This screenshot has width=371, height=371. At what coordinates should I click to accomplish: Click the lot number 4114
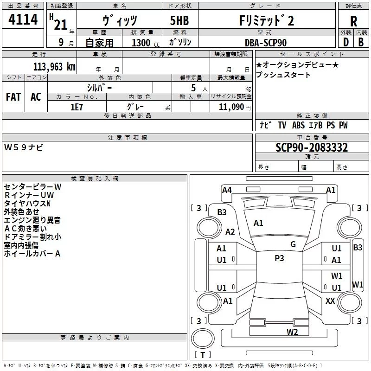tap(23, 19)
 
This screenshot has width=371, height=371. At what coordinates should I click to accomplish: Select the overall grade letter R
tap(353, 21)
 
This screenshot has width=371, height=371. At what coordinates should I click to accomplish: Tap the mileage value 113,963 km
tap(54, 67)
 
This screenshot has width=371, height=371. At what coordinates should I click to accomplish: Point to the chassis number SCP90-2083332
tap(312, 147)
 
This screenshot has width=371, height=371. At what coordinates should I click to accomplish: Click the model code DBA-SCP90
tap(266, 43)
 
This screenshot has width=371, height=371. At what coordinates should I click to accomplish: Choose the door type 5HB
tap(179, 20)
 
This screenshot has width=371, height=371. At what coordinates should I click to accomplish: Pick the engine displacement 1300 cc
tap(146, 43)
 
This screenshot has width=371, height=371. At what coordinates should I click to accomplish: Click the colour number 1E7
tap(77, 107)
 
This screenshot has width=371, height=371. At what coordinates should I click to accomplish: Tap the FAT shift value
tap(13, 97)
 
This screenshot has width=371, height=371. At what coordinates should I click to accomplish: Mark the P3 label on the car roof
tap(279, 258)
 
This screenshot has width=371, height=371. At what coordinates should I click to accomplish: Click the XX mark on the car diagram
tap(330, 301)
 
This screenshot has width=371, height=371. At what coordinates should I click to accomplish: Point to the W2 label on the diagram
tap(292, 332)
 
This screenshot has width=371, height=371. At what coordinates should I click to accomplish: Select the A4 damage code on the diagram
tap(227, 190)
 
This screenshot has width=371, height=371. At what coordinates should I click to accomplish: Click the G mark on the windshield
tap(293, 244)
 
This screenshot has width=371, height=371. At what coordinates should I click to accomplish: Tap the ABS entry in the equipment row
tap(298, 125)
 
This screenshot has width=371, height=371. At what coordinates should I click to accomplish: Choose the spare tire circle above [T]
tap(203, 338)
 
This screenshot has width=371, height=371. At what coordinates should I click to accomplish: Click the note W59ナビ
tap(24, 147)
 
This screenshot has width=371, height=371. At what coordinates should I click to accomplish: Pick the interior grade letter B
tap(361, 42)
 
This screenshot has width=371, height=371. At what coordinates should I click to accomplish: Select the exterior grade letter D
tap(346, 42)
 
